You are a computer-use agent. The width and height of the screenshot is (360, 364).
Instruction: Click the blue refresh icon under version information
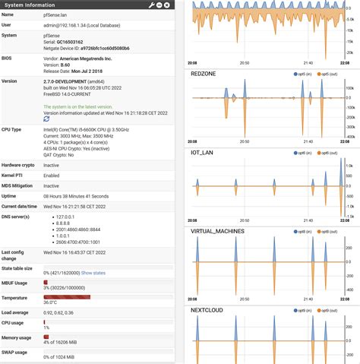coord(46,119)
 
